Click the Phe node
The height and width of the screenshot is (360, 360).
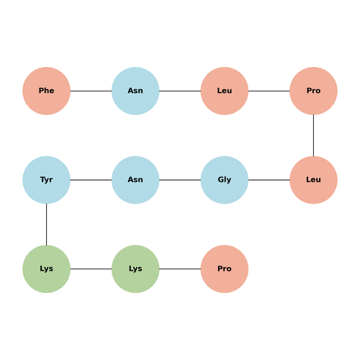46,91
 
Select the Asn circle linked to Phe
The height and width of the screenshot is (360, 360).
135,91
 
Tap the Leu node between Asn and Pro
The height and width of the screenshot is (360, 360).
225,91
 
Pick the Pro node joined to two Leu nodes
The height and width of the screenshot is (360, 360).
313,91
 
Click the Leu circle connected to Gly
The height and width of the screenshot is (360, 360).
313,180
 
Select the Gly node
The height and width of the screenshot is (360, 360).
225,180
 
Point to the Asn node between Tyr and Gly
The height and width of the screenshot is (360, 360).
135,180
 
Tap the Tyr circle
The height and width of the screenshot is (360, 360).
46,180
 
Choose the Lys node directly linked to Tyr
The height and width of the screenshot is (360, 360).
46,269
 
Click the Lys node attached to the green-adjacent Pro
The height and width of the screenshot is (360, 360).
135,269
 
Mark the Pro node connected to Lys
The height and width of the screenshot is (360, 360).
225,269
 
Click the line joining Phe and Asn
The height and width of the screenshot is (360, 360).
91,91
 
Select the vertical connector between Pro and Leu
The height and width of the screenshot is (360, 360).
313,135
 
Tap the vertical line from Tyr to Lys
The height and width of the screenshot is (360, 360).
46,225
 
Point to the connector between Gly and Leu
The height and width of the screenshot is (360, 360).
269,180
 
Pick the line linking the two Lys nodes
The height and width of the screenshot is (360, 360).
91,269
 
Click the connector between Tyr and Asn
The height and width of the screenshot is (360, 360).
91,180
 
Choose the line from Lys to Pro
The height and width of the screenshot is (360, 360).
180,269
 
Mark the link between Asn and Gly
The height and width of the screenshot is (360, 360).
180,180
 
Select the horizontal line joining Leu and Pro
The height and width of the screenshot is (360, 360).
269,91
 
